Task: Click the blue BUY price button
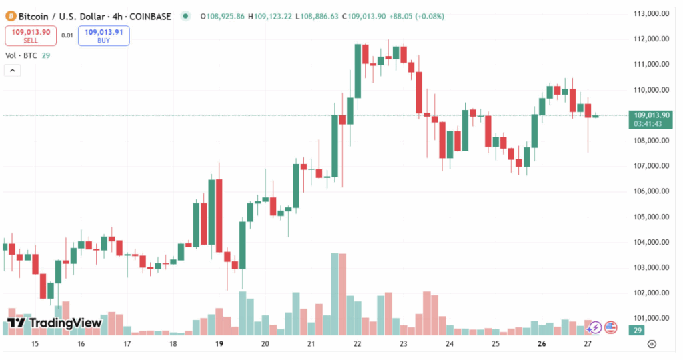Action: click(x=103, y=35)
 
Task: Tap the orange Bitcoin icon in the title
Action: click(x=11, y=15)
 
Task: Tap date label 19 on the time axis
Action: click(x=219, y=344)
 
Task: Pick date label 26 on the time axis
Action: click(x=542, y=344)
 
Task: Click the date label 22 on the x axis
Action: click(x=358, y=344)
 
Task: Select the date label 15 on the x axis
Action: click(x=35, y=344)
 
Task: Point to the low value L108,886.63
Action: click(x=317, y=15)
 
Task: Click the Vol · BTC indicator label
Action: click(x=21, y=55)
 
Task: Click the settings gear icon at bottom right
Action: click(x=652, y=344)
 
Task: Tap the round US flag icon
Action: click(x=610, y=327)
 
